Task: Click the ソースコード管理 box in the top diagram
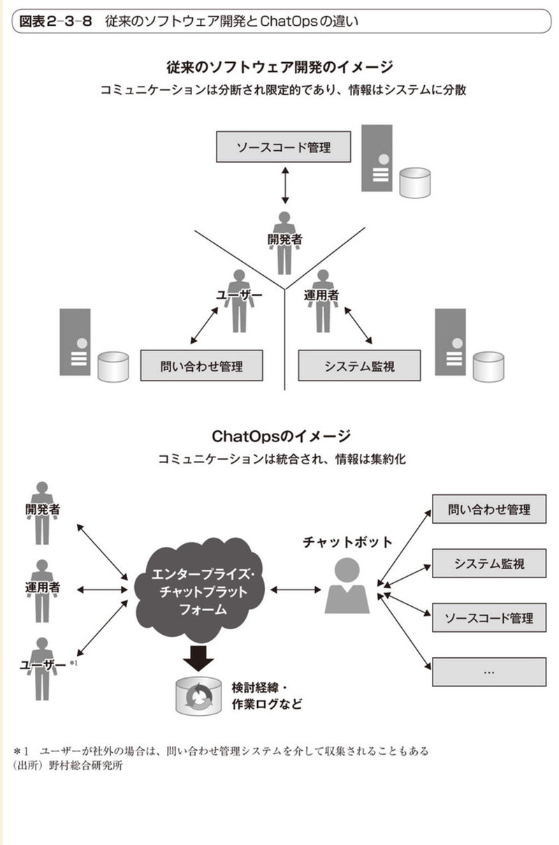pyautogui.click(x=282, y=148)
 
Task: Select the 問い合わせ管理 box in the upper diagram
pyautogui.click(x=202, y=365)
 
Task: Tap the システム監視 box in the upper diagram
pyautogui.click(x=359, y=365)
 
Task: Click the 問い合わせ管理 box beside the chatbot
pyautogui.click(x=489, y=509)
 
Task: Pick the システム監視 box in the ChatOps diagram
pyautogui.click(x=489, y=563)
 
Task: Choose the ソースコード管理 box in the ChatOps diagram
pyautogui.click(x=489, y=617)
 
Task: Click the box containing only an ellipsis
pyautogui.click(x=489, y=672)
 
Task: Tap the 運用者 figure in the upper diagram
pyautogui.click(x=322, y=300)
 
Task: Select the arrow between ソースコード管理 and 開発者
pyautogui.click(x=284, y=185)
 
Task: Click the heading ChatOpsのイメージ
pyautogui.click(x=282, y=436)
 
